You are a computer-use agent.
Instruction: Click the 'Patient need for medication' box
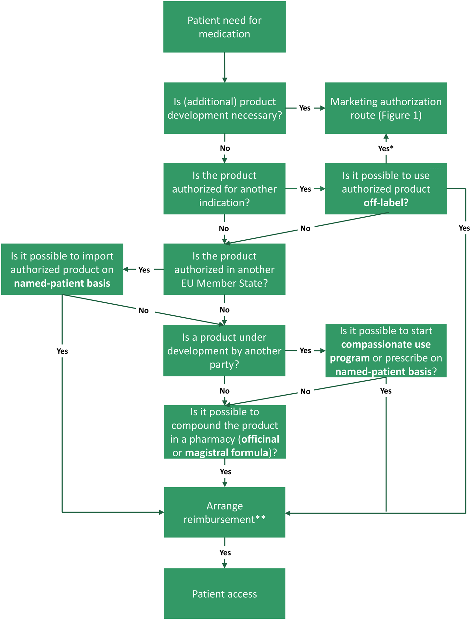click(224, 27)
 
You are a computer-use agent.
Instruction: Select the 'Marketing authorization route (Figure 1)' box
click(386, 108)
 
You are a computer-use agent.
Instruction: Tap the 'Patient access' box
click(224, 593)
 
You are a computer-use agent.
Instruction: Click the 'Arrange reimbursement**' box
click(224, 512)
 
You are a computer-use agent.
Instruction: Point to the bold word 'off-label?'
click(386, 203)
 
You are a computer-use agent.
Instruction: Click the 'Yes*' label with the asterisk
click(386, 148)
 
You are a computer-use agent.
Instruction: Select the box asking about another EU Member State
click(224, 269)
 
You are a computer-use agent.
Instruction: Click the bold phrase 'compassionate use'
click(386, 344)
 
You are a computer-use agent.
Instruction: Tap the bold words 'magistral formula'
click(227, 452)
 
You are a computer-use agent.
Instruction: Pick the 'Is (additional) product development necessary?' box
click(224, 108)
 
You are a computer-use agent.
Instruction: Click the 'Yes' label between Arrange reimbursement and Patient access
click(225, 552)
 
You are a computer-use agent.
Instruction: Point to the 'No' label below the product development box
click(225, 148)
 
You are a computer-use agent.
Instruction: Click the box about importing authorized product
click(62, 269)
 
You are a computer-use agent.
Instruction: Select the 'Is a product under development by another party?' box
click(224, 350)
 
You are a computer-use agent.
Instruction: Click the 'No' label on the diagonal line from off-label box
click(305, 228)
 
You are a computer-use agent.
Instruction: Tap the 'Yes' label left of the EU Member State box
click(144, 270)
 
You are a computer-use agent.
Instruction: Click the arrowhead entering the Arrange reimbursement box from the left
click(161, 512)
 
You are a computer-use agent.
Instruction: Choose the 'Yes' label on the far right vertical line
click(464, 228)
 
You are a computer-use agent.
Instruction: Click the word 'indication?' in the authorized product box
click(224, 203)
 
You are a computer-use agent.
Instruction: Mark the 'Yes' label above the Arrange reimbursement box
click(225, 471)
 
